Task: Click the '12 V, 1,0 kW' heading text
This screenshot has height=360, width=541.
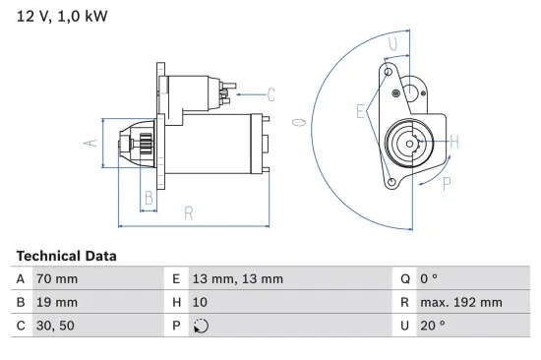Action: point(62,17)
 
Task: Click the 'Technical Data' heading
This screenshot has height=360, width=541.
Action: point(66,256)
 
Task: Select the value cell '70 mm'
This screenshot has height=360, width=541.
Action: point(56,278)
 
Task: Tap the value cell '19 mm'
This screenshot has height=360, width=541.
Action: point(56,302)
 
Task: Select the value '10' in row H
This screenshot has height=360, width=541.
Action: point(199,302)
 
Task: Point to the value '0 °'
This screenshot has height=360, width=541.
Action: point(430,278)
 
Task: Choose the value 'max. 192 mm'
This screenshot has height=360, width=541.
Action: point(460,302)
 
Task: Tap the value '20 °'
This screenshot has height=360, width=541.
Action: point(433,326)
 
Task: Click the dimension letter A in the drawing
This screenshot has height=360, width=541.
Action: point(90,144)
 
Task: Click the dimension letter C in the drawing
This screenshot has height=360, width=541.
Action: point(270,94)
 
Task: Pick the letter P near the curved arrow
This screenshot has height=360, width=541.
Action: point(445,182)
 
